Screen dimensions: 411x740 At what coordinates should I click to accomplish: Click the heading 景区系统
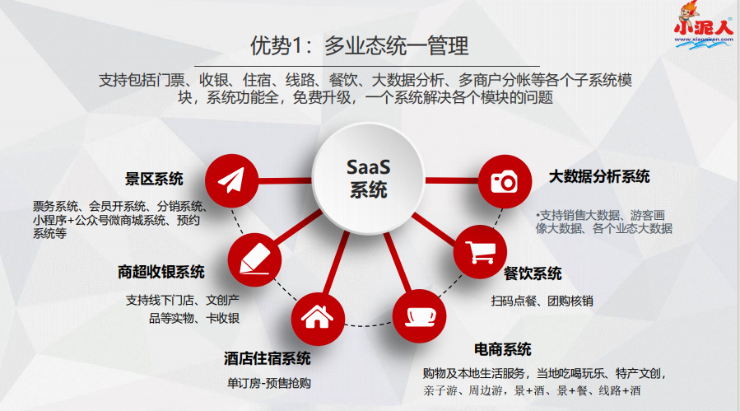(154, 179)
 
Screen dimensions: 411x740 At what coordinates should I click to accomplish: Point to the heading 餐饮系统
(533, 273)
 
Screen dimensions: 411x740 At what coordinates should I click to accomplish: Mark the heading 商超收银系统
(161, 272)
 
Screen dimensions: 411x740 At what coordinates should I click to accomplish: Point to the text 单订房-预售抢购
(269, 384)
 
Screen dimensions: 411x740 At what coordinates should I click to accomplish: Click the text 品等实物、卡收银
(193, 318)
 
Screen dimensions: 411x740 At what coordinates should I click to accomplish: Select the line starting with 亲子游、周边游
(531, 390)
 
